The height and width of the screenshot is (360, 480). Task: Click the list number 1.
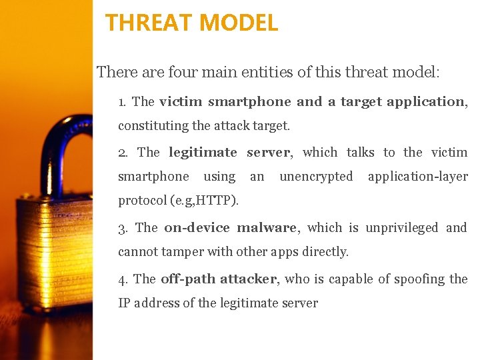pyautogui.click(x=121, y=103)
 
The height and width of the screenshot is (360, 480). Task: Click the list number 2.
pyautogui.click(x=122, y=153)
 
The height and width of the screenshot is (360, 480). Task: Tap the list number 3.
pyautogui.click(x=122, y=228)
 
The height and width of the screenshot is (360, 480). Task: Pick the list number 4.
pyautogui.click(x=122, y=279)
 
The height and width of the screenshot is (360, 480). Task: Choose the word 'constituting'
pyautogui.click(x=153, y=126)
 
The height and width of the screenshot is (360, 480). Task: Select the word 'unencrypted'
pyautogui.click(x=316, y=177)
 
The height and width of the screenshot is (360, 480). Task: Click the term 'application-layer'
pyautogui.click(x=417, y=177)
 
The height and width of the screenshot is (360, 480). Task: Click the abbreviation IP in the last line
pyautogui.click(x=124, y=303)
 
